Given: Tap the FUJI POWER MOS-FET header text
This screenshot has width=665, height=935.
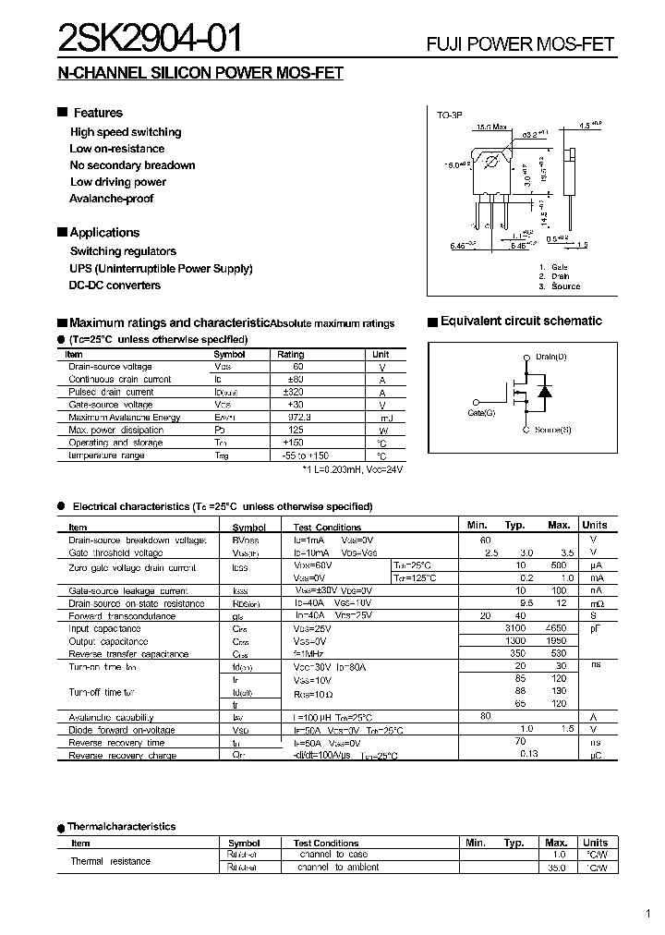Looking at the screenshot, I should [x=519, y=44].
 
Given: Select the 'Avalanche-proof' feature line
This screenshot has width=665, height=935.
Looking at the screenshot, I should [x=111, y=199].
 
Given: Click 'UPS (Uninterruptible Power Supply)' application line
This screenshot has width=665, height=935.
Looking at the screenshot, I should [x=161, y=269].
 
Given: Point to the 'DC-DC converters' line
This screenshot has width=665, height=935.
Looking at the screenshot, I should [x=115, y=285].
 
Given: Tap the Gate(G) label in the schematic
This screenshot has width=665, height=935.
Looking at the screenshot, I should [x=481, y=412].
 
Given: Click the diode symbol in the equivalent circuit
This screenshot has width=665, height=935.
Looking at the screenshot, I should [x=544, y=392].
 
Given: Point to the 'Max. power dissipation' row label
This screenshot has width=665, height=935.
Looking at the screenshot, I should [x=115, y=431].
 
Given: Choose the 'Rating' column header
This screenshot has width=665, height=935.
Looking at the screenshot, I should [x=291, y=355].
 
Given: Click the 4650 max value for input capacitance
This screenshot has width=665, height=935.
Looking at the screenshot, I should [x=558, y=628].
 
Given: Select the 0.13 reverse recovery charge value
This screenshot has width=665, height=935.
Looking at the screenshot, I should [x=528, y=755].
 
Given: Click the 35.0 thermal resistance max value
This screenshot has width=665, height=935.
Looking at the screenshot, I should [x=557, y=868].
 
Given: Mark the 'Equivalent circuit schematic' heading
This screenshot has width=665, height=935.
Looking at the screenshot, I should [x=521, y=322].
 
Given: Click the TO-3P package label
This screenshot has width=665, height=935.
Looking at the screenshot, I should [x=449, y=115].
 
